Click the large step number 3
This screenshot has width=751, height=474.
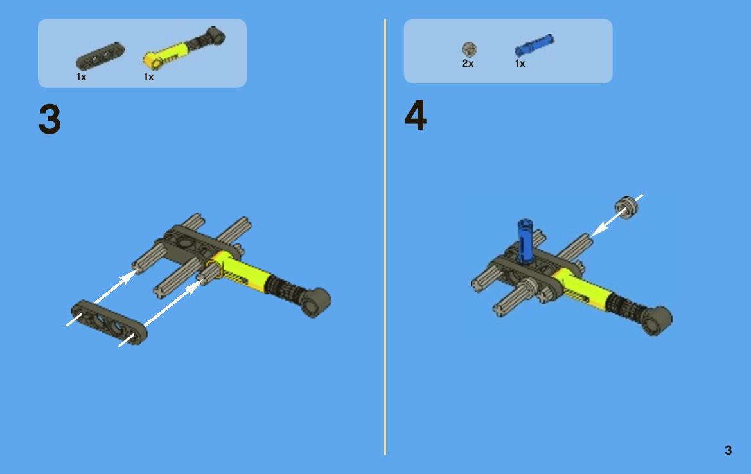click(x=49, y=119)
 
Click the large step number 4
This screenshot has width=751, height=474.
click(x=415, y=115)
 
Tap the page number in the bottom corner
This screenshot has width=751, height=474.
click(x=728, y=450)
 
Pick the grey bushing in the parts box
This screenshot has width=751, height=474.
click(x=470, y=49)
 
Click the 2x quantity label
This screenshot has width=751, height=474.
click(x=468, y=63)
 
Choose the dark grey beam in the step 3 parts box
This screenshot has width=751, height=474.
click(x=100, y=57)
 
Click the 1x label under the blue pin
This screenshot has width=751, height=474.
click(x=520, y=63)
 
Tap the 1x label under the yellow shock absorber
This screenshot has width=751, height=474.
click(x=148, y=76)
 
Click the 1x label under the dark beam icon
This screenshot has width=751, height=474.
click(x=82, y=76)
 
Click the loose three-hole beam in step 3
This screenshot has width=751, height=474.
click(x=109, y=322)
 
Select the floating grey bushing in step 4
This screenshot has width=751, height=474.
click(x=627, y=207)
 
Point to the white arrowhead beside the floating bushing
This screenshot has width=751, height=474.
click(x=599, y=229)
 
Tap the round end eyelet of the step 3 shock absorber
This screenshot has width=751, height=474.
click(x=315, y=302)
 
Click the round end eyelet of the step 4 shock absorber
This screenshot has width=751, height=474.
click(x=657, y=320)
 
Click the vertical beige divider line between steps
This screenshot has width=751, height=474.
click(x=385, y=236)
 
